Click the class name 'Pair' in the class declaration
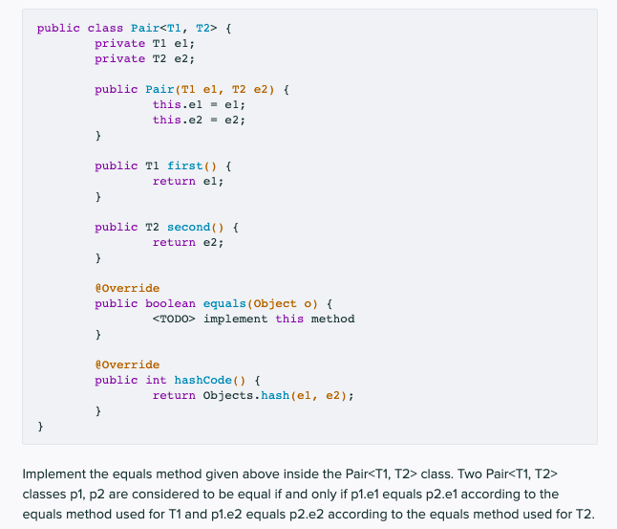[145, 28]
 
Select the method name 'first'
[185, 165]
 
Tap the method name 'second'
[189, 227]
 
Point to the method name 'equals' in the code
[224, 303]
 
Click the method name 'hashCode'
[203, 380]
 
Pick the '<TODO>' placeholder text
[174, 319]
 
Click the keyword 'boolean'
[170, 303]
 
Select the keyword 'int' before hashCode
[156, 380]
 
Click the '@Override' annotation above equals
[127, 288]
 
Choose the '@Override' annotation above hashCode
[127, 364]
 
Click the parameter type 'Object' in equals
[275, 303]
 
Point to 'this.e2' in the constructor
[178, 120]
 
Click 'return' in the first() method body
[174, 181]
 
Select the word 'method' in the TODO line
[333, 319]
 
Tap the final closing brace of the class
[40, 426]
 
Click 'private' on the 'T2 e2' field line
[120, 58]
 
